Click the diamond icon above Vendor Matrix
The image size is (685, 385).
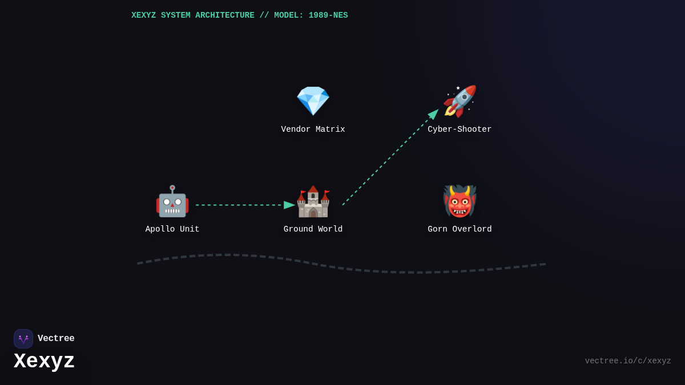[313, 101]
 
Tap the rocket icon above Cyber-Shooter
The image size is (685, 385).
[460, 101]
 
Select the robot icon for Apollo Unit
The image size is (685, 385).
[172, 201]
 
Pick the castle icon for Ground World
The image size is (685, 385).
[313, 201]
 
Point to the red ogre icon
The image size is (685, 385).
[460, 201]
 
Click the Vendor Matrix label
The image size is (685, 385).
[313, 129]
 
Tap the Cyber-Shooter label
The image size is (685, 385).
[460, 129]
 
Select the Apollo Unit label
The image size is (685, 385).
[172, 229]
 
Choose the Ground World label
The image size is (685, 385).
[313, 229]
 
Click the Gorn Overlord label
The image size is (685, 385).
[460, 229]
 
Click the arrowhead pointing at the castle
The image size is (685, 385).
[289, 205]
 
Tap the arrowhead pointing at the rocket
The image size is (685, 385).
[433, 114]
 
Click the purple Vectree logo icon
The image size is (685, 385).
[23, 339]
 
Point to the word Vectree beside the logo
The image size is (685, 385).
[56, 339]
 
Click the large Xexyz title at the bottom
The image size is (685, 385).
[44, 362]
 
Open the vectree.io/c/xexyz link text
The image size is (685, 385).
[628, 361]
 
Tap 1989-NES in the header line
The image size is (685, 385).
[328, 15]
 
